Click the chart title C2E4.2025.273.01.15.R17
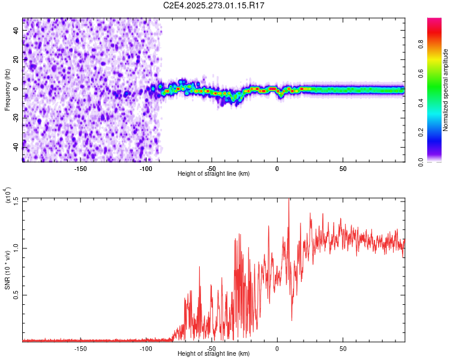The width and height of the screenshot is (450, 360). point(214,5)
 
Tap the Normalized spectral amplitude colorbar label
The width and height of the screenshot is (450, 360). point(445,91)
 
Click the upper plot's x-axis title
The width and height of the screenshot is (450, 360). point(214,174)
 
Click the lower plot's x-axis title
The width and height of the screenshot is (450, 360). point(214,354)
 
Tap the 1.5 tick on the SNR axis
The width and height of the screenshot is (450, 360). point(16,200)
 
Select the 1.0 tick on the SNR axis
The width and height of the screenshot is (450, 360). point(16,247)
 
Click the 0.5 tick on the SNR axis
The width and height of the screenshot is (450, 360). point(16,295)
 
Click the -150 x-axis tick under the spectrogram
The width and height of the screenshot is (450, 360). point(80,167)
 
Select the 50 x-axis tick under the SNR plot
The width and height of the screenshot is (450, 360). point(342,348)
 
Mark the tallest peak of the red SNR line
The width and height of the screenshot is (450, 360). point(289,200)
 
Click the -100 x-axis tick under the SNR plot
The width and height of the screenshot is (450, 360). point(146,348)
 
